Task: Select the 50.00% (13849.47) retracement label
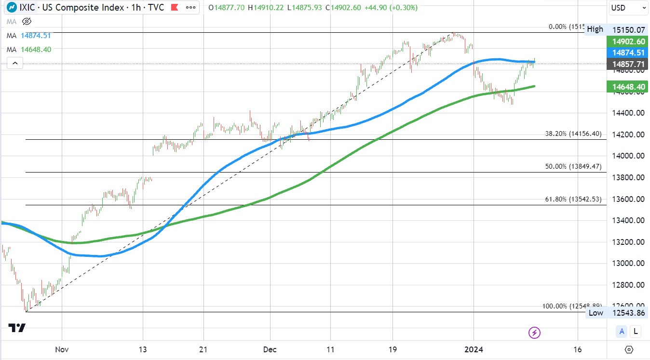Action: (573, 166)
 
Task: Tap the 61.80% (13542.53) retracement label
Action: (573, 199)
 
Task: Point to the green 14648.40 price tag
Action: (626, 87)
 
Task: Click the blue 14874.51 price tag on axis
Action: (626, 53)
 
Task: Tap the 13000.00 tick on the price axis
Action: (626, 263)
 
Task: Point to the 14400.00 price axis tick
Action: (626, 113)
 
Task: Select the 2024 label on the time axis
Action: (474, 349)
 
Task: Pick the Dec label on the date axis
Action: (270, 349)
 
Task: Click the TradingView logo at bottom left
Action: (17, 328)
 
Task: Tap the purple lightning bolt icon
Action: (534, 332)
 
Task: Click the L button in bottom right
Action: (636, 331)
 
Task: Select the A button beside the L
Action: (623, 331)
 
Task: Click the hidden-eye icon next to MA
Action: (27, 21)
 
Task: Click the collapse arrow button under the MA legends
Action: (15, 63)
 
